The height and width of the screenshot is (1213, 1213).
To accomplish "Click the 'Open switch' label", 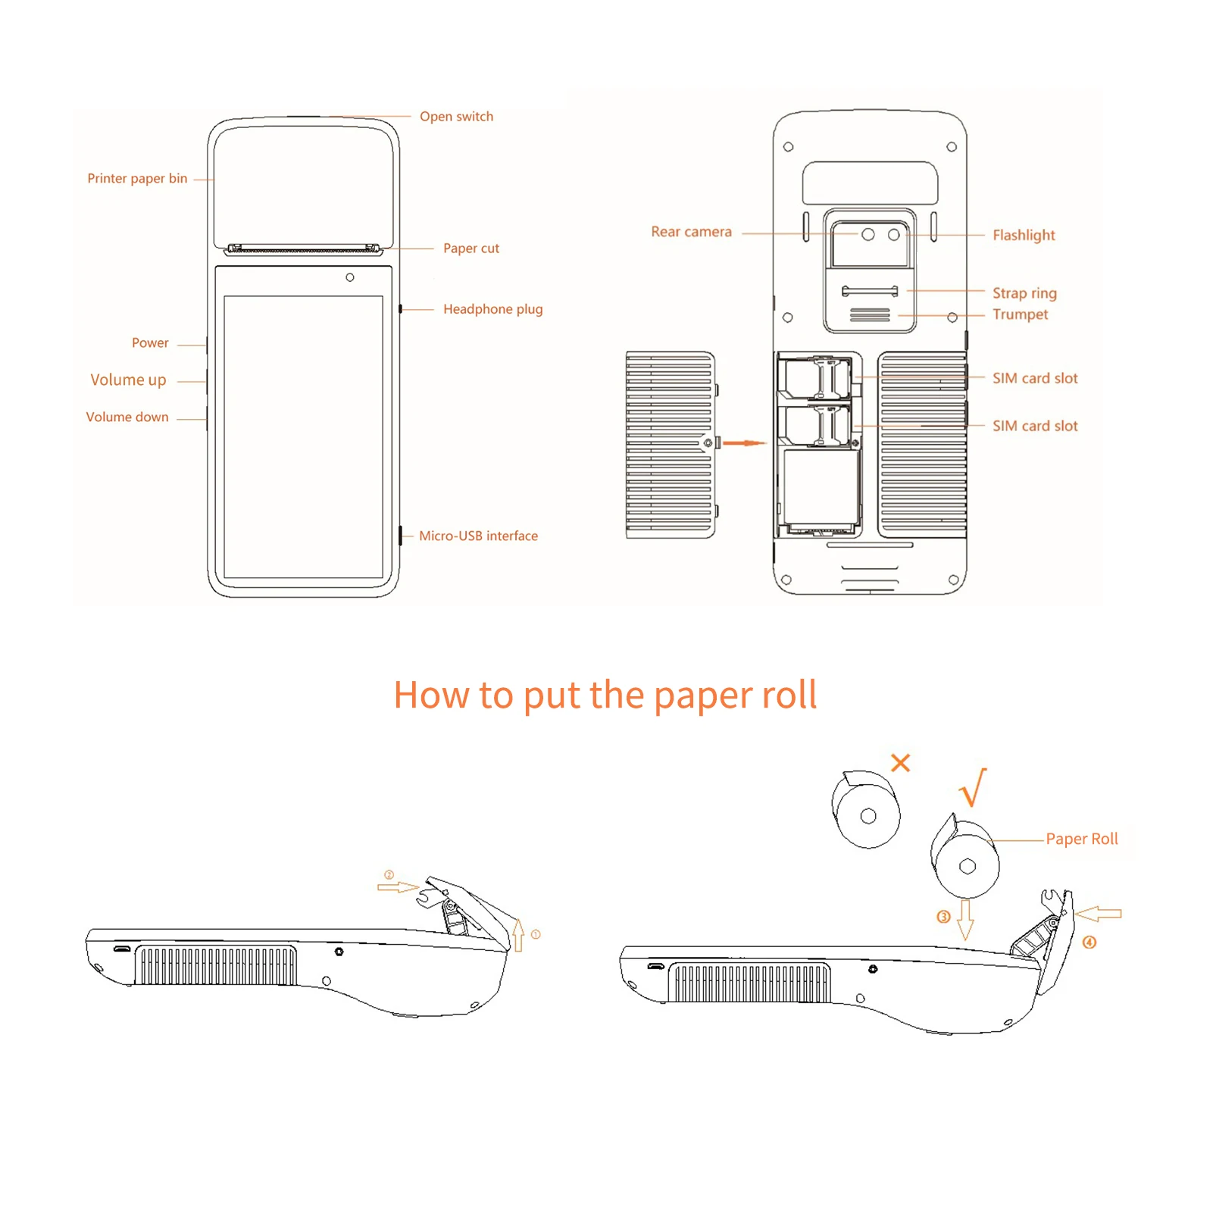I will pyautogui.click(x=456, y=117).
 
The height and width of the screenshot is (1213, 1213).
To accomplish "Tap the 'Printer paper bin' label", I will pyautogui.click(x=137, y=179).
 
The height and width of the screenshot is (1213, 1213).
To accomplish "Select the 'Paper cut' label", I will pyautogui.click(x=471, y=249).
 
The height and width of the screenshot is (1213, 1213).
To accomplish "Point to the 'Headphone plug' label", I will pyautogui.click(x=492, y=309).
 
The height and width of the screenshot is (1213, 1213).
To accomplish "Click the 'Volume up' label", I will pyautogui.click(x=128, y=380).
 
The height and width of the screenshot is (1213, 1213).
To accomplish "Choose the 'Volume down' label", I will pyautogui.click(x=127, y=417).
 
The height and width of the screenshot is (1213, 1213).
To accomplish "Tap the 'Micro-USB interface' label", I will pyautogui.click(x=478, y=536).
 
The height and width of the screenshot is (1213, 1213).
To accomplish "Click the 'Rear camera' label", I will pyautogui.click(x=691, y=233).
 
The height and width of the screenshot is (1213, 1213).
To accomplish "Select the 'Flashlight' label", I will pyautogui.click(x=1024, y=236).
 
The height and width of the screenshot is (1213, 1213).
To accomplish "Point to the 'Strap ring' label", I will pyautogui.click(x=1024, y=293).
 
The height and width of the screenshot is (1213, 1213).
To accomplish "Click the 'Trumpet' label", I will pyautogui.click(x=1020, y=314).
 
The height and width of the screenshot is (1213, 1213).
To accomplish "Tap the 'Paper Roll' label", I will pyautogui.click(x=1081, y=839).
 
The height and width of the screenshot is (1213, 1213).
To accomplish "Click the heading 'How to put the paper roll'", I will pyautogui.click(x=605, y=696).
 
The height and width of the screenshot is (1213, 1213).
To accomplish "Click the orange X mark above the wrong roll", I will pyautogui.click(x=900, y=762).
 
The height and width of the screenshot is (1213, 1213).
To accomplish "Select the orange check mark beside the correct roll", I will pyautogui.click(x=973, y=788).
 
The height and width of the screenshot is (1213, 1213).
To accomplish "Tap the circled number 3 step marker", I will pyautogui.click(x=943, y=917).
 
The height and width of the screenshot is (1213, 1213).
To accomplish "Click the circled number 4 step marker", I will pyautogui.click(x=1089, y=943).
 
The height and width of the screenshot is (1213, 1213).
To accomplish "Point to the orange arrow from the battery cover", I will pyautogui.click(x=744, y=442).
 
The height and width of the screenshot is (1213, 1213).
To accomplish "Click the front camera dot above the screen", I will pyautogui.click(x=350, y=277).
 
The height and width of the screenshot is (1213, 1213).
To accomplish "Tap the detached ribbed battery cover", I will pyautogui.click(x=670, y=445).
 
